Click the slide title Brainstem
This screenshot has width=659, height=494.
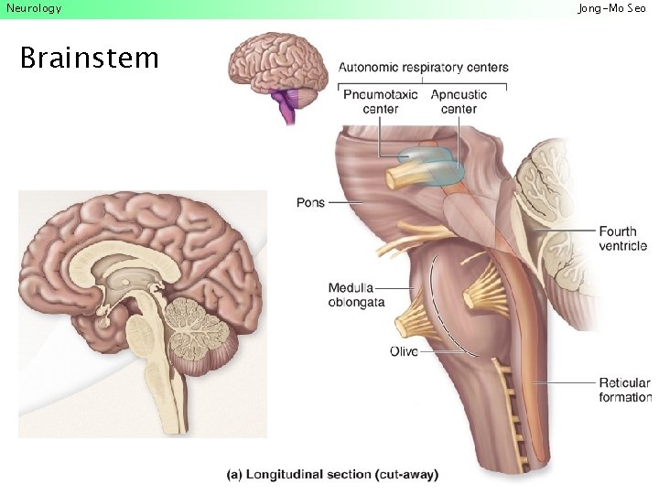[x=90, y=59]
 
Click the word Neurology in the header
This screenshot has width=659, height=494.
[x=34, y=8]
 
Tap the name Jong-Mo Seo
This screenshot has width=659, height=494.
[x=611, y=8]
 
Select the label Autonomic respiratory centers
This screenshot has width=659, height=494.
[x=423, y=68]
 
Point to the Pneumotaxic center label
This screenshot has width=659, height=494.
[x=381, y=102]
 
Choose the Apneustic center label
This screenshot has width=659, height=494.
[x=459, y=102]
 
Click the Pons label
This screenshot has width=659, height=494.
[x=310, y=202]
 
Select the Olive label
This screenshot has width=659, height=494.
[x=404, y=351]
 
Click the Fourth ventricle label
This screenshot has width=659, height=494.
[x=622, y=239]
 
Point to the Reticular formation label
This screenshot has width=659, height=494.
[x=624, y=390]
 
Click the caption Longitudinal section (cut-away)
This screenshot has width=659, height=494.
[x=333, y=474]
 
